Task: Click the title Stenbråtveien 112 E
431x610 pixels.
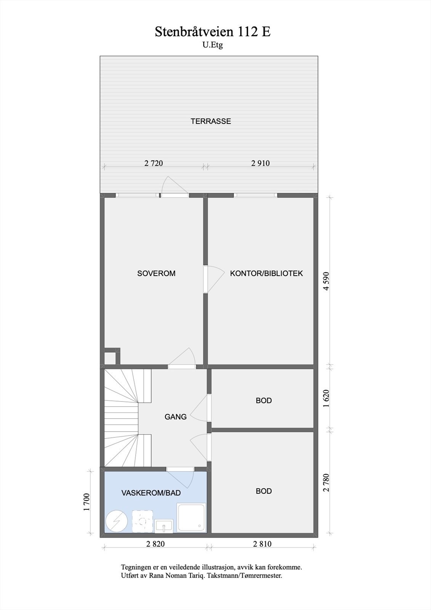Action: pos(213,32)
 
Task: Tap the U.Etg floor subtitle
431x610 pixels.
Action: pos(213,45)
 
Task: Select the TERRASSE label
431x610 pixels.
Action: pos(211,121)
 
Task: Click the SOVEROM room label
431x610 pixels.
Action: pos(156,273)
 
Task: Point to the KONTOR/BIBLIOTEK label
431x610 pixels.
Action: pos(266,273)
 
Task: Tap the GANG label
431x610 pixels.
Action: pos(176,417)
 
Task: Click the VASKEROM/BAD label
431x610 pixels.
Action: pos(151,493)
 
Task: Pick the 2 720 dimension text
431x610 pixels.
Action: pos(154,163)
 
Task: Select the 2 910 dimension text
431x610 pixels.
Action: pos(260,163)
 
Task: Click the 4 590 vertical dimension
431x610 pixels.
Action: pos(326,281)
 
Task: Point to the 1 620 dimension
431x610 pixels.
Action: pos(326,399)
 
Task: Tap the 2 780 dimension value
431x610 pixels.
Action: pos(326,482)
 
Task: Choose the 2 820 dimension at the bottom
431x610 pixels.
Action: pos(155,544)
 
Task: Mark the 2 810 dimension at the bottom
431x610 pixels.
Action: pos(262,544)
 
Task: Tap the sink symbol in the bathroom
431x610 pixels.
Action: pos(164,526)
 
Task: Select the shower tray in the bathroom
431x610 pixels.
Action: pos(192,517)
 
